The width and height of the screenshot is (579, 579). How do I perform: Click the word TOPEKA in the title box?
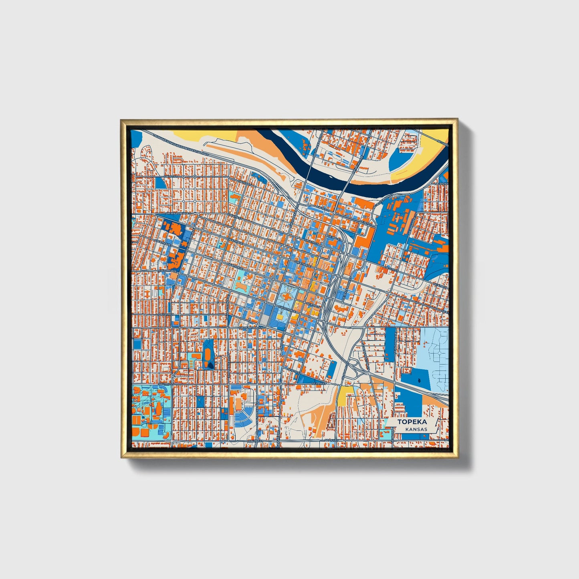click(412, 422)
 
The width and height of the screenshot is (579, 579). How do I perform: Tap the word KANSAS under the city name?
click(416, 429)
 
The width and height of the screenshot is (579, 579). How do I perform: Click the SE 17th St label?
click(320, 383)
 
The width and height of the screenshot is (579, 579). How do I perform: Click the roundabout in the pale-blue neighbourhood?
click(440, 353)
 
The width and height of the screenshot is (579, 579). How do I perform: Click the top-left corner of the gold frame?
click(121, 119)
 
